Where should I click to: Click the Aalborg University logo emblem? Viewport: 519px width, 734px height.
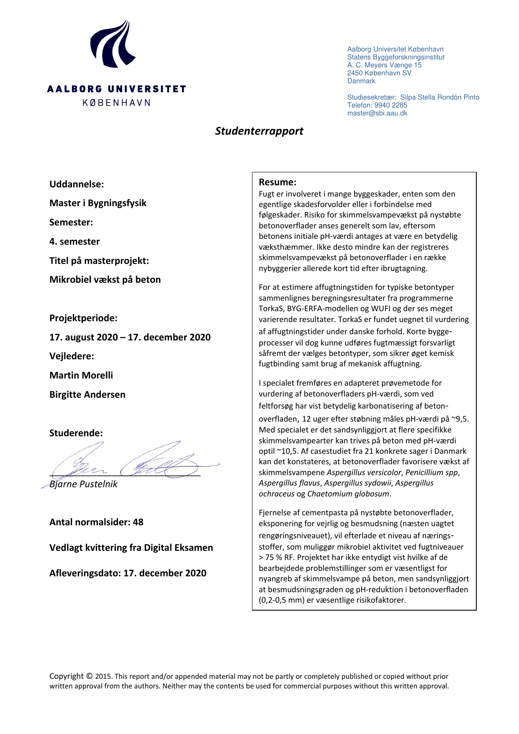pos(112,45)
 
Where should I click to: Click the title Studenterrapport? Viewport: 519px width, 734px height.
pos(259,131)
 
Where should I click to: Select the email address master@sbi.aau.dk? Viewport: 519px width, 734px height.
pos(377,113)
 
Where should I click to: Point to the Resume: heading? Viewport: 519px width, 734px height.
pos(277,182)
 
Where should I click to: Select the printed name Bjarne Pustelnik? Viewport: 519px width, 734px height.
pos(83,484)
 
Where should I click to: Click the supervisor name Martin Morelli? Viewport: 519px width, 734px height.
pos(81,375)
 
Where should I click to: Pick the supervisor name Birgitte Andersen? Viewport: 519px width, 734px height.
pos(87,394)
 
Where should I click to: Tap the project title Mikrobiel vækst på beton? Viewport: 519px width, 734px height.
pos(105,279)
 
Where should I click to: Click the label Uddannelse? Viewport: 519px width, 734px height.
pos(77,184)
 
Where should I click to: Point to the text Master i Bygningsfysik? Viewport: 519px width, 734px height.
pos(98,203)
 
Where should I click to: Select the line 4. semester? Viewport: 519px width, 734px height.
pos(75,241)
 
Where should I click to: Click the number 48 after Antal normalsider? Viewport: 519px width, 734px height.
pos(138,522)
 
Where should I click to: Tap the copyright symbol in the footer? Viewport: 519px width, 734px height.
pos(90,676)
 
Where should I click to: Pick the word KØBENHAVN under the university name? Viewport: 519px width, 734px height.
pos(116,103)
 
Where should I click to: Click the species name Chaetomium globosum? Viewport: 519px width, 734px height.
pos(348,494)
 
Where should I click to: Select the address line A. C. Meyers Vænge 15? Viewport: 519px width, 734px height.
pos(384,65)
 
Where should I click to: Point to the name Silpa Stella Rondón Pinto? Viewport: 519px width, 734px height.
pos(440,97)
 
